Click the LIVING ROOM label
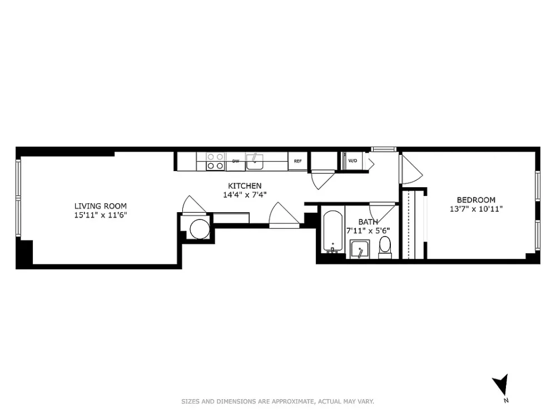click(x=100, y=206)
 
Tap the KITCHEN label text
click(x=245, y=186)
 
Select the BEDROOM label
click(x=476, y=200)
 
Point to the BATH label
click(x=368, y=222)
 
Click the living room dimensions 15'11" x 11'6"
click(x=100, y=215)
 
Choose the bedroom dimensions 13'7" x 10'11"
click(x=476, y=209)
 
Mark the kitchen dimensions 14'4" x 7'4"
click(x=245, y=194)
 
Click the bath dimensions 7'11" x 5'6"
click(x=368, y=230)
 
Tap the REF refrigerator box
click(x=297, y=161)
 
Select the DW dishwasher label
click(x=235, y=161)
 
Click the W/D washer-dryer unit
click(x=352, y=161)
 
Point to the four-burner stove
click(x=216, y=161)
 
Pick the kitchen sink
click(x=255, y=162)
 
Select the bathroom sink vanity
click(x=360, y=249)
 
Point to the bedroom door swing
click(x=411, y=169)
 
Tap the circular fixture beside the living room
click(x=200, y=229)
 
